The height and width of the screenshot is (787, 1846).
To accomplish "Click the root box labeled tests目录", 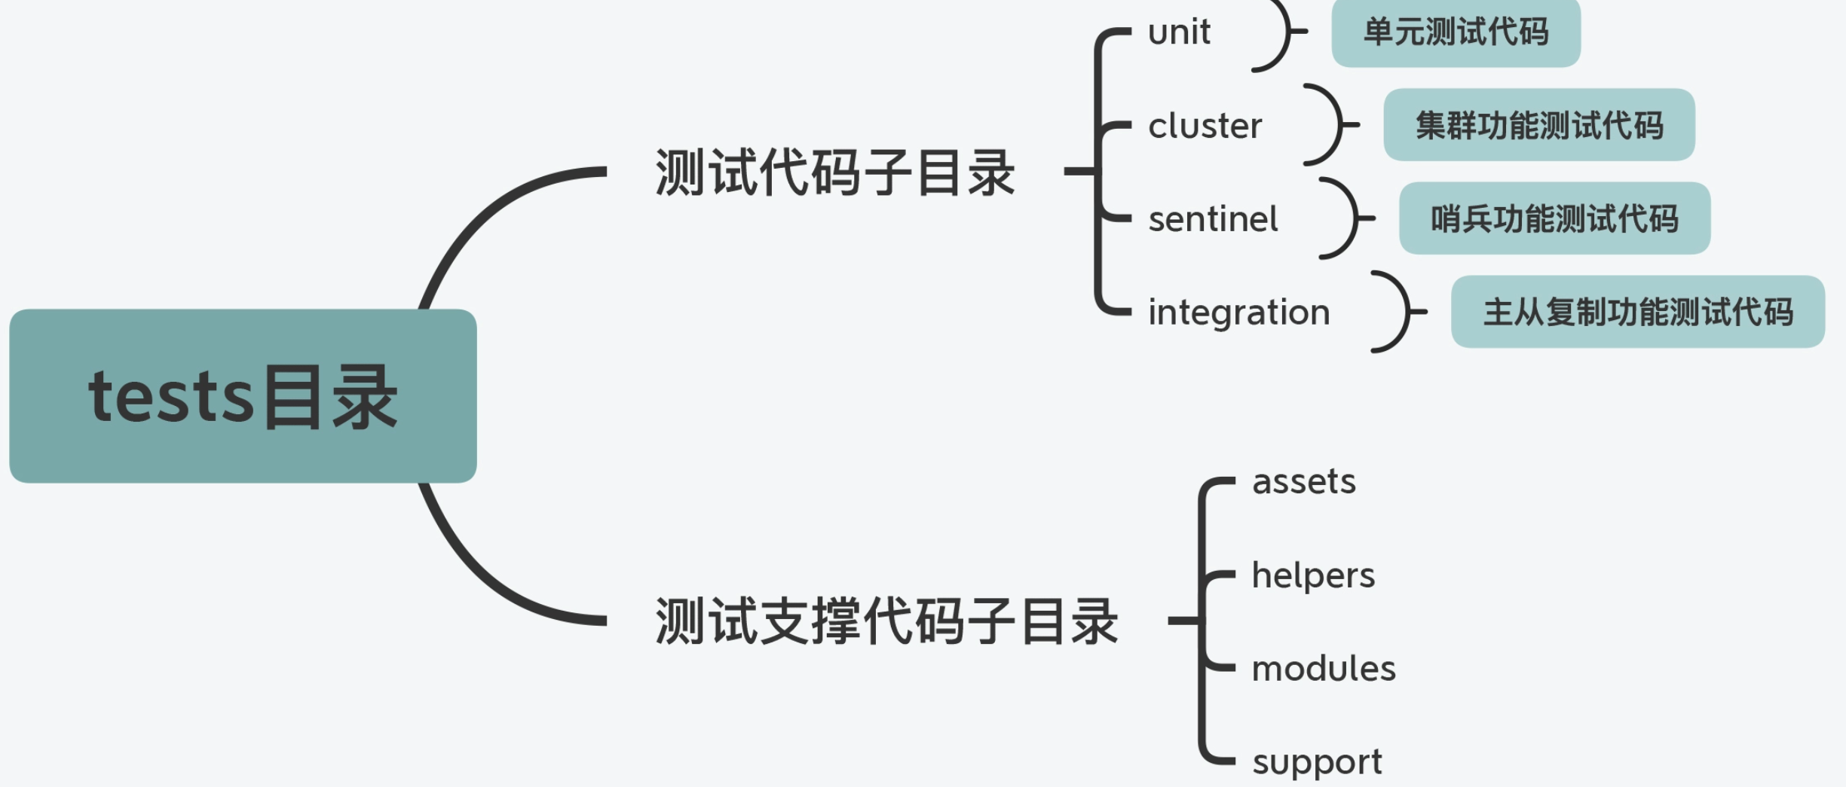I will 243,396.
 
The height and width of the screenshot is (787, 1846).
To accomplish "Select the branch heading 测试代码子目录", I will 834,172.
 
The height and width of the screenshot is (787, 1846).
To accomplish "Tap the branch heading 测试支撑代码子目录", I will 886,621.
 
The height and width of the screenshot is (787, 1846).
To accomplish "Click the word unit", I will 1179,32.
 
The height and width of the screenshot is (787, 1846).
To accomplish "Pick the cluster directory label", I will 1205,126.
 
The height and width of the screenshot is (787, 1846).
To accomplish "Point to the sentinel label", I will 1213,219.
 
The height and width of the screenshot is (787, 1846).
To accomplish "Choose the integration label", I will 1238,313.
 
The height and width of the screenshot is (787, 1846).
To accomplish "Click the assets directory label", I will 1303,481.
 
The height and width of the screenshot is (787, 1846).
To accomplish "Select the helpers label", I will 1313,575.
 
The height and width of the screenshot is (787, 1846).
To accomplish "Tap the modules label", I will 1324,669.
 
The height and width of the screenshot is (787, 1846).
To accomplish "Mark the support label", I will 1317,762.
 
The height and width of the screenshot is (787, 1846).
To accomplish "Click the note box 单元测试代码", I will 1456,32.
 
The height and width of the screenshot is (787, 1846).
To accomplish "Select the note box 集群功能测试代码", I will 1539,125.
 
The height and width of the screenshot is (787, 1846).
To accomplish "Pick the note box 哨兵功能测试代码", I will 1554,218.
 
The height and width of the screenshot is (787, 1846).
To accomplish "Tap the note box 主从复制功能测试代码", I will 1637,312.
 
